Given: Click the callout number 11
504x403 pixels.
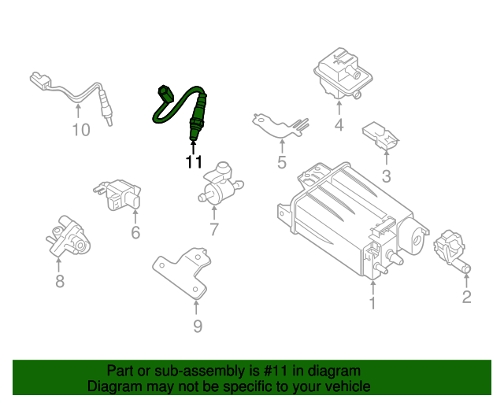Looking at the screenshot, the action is click(x=194, y=161).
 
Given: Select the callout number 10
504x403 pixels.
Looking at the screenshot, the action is click(x=81, y=130).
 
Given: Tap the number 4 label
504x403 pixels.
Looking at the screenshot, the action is click(x=339, y=124).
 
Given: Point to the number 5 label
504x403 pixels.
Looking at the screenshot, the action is click(x=282, y=162).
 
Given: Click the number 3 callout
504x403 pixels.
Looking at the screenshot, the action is click(x=387, y=176).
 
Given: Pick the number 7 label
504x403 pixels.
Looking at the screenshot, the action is click(x=214, y=229).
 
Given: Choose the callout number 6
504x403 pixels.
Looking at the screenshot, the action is click(x=135, y=232).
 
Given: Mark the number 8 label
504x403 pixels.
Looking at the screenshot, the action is click(x=60, y=281).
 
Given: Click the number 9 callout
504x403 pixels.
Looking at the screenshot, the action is click(x=198, y=326).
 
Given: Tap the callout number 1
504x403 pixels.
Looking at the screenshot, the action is click(x=372, y=303).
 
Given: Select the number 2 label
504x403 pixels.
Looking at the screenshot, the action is click(x=466, y=297).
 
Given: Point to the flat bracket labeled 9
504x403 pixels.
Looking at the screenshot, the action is click(x=182, y=273).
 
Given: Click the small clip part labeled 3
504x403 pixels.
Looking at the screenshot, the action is click(x=381, y=135).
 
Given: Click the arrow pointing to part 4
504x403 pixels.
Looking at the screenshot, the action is click(x=339, y=109).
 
